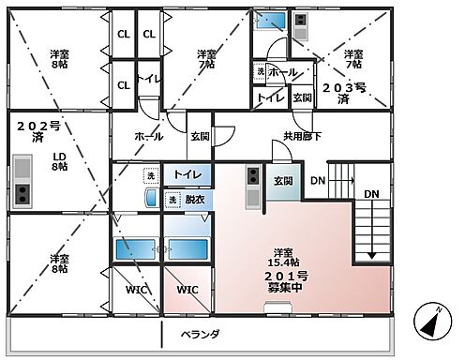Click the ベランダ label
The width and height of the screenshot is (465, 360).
pyautogui.click(x=201, y=333)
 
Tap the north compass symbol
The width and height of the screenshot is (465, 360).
pyautogui.click(x=430, y=325)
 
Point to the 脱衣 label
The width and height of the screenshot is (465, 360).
pyautogui.click(x=195, y=200)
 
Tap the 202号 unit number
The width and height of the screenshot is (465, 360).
pyautogui.click(x=32, y=124)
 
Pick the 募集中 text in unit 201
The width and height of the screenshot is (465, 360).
pyautogui.click(x=281, y=287)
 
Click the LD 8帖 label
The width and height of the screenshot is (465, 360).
pyautogui.click(x=59, y=160)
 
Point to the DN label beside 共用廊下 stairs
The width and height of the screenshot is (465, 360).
pyautogui.click(x=318, y=180)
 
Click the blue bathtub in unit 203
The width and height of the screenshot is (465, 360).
pyautogui.click(x=272, y=20)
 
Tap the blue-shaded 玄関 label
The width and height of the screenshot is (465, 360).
pyautogui.click(x=283, y=181)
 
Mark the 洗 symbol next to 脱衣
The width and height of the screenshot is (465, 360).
pyautogui.click(x=172, y=200)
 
